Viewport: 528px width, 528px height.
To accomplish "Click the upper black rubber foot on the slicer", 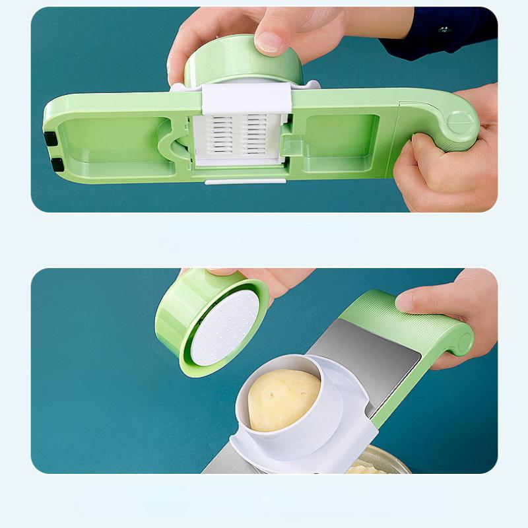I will (x=51, y=138).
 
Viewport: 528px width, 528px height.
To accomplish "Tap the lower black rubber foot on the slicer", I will (x=56, y=163).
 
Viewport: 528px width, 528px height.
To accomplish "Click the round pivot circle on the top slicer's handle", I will (x=460, y=123).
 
